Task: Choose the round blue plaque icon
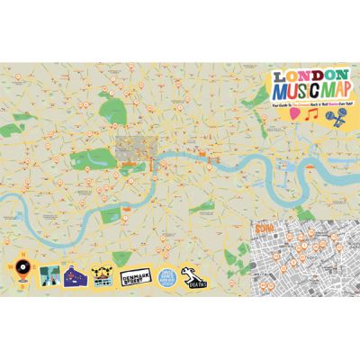pyautogui.click(x=166, y=277)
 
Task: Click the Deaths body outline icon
pyautogui.click(x=192, y=275)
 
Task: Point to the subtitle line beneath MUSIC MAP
pyautogui.click(x=306, y=105)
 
